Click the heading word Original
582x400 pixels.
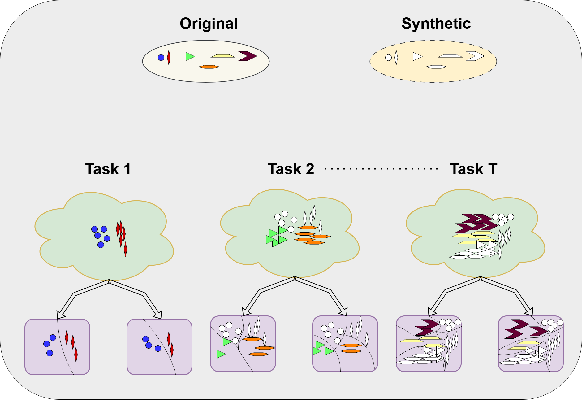[x=209, y=24]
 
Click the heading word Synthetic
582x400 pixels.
[x=436, y=24]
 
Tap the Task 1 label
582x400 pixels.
[x=108, y=169]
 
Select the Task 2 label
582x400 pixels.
[x=291, y=169]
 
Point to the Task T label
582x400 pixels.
[x=473, y=169]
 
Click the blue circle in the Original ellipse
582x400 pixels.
[x=161, y=58]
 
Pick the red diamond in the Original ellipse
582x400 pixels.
[x=169, y=58]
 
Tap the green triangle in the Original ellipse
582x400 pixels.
[x=189, y=56]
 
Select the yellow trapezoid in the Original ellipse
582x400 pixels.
[x=223, y=56]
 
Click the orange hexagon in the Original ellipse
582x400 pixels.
[x=209, y=67]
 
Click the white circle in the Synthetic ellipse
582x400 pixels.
[x=388, y=58]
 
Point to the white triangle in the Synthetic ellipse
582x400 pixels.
[x=417, y=56]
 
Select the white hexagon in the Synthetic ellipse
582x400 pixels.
[x=436, y=67]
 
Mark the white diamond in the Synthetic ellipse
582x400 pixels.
[x=396, y=58]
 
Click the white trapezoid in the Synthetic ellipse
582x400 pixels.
[x=450, y=56]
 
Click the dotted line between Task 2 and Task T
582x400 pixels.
[x=382, y=169]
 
